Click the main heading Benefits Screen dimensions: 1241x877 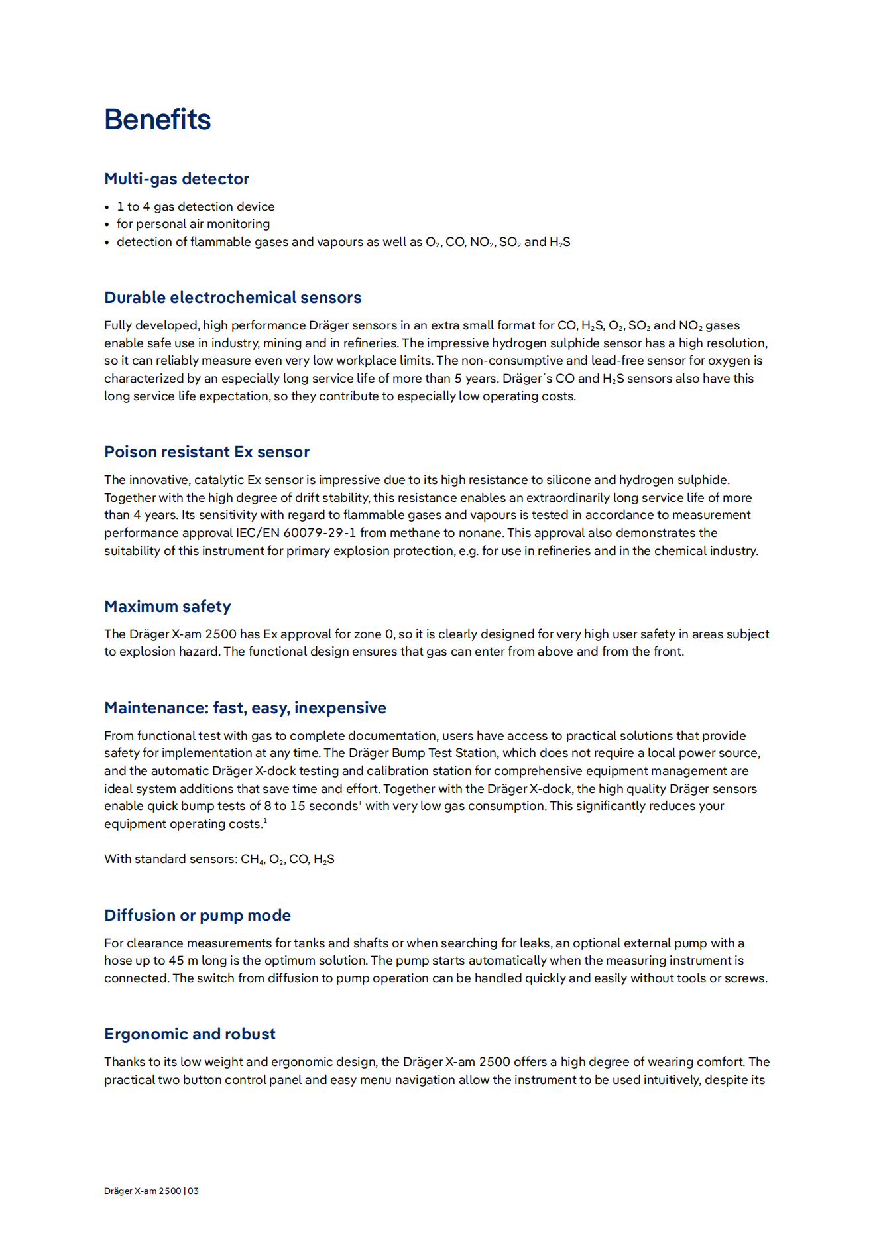(157, 120)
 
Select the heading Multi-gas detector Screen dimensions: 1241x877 (176, 179)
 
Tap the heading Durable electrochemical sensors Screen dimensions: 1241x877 (233, 298)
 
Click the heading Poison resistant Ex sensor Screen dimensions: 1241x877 (207, 452)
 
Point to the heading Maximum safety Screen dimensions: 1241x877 (168, 607)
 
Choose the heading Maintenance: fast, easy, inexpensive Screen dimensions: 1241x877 (245, 708)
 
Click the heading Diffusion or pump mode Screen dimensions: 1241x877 (198, 916)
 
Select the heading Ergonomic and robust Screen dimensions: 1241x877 (190, 1034)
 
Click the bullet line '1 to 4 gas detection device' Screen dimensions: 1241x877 (196, 207)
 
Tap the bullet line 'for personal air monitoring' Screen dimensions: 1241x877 (193, 224)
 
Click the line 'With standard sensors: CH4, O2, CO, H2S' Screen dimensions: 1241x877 (219, 859)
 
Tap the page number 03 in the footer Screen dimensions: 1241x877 (193, 1191)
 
